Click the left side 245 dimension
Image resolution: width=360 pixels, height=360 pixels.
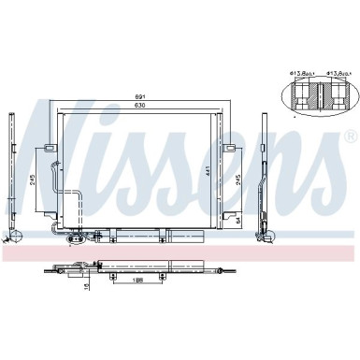click(x=32, y=180)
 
